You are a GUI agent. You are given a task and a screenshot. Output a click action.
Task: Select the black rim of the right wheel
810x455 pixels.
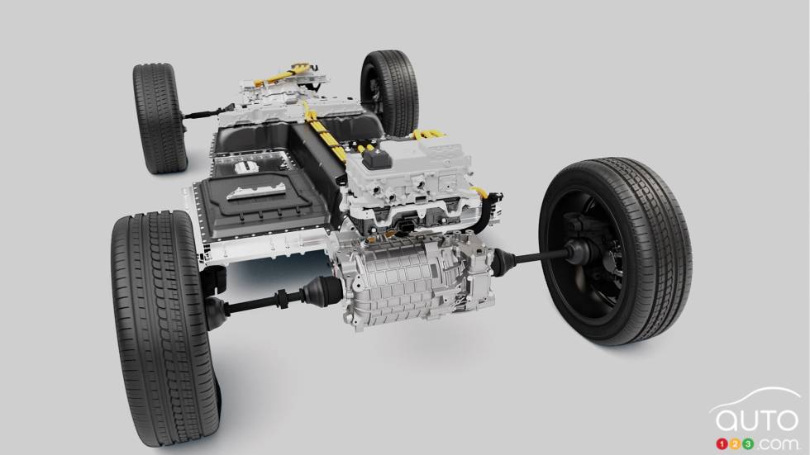596,249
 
